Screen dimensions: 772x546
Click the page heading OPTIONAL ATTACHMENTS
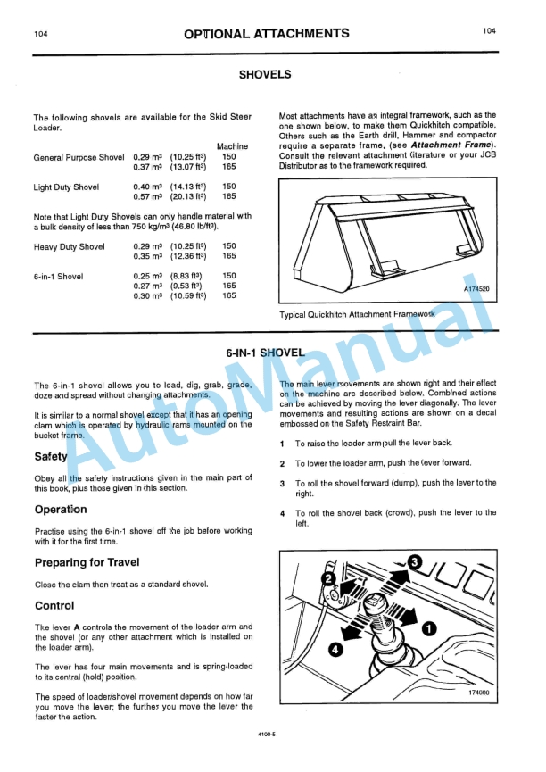[x=266, y=34]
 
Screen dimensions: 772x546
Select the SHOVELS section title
[x=265, y=75]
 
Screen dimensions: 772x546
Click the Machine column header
[x=232, y=146]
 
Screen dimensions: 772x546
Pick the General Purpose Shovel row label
[x=79, y=157]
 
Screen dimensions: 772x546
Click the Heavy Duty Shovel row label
[x=70, y=246]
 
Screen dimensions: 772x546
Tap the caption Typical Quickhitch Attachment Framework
[x=357, y=315]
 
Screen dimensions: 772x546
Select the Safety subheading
[x=51, y=457]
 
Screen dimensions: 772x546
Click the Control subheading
[x=54, y=605]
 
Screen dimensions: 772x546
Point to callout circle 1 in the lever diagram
[x=428, y=628]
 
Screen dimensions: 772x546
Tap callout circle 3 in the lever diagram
[x=414, y=560]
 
